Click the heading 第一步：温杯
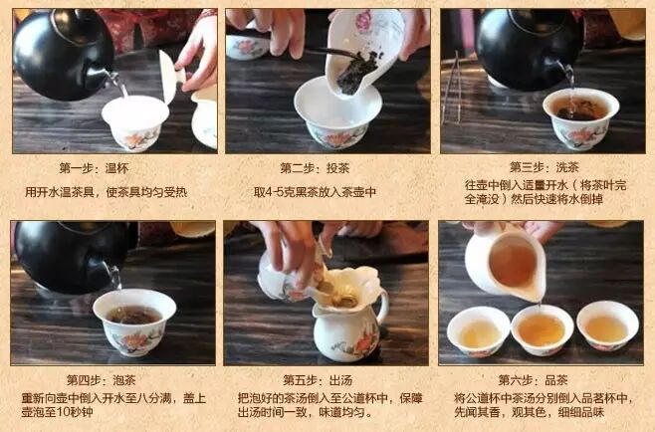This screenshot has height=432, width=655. [x=94, y=168]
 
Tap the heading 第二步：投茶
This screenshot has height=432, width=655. [x=315, y=168]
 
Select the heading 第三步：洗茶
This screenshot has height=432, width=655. [x=544, y=167]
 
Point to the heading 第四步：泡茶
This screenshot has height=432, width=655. [x=102, y=380]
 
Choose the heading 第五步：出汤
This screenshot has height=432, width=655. [x=318, y=380]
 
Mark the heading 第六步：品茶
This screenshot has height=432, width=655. [x=533, y=380]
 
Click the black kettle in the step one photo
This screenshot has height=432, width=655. [x=63, y=55]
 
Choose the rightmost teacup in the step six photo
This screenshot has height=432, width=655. [x=607, y=325]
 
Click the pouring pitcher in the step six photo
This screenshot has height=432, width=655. [x=506, y=263]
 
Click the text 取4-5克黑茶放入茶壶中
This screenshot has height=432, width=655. [x=315, y=192]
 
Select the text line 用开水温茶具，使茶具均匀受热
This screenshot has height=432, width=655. [x=107, y=192]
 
